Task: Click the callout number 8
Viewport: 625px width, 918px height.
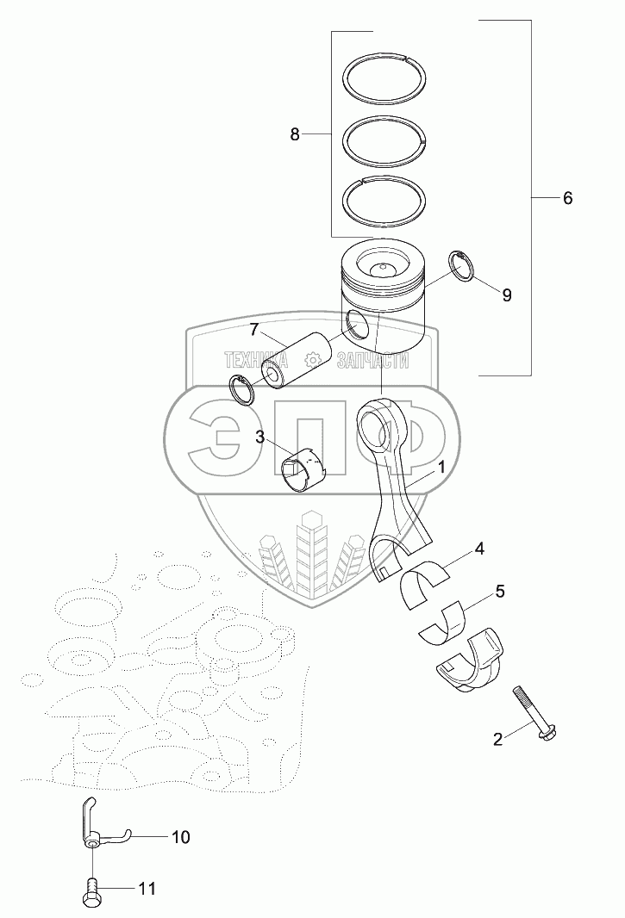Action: point(294,134)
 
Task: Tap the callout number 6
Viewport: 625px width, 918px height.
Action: point(567,198)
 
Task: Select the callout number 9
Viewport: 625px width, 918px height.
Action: point(507,295)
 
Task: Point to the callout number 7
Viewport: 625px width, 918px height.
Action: point(253,330)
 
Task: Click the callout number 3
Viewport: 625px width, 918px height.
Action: point(259,436)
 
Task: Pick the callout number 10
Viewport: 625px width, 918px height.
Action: point(181,837)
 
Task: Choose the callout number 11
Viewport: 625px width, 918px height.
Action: point(147,889)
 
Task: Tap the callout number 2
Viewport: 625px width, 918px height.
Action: point(497,740)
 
